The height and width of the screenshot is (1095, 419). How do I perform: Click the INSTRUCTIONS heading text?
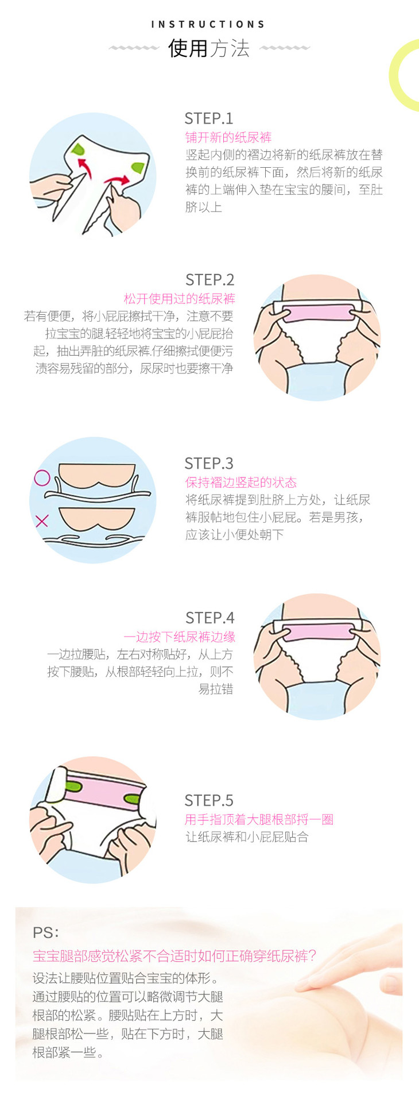[208, 24]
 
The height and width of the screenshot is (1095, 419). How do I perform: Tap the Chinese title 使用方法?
[209, 48]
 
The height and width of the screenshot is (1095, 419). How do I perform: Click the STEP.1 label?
[209, 118]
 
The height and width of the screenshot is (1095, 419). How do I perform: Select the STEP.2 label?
[210, 280]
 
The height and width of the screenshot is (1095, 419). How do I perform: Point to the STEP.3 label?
[209, 464]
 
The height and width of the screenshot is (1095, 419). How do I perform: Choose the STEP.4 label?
[210, 618]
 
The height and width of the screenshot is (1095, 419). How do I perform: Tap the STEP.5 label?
[209, 801]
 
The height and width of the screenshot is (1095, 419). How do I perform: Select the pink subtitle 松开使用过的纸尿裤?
[180, 299]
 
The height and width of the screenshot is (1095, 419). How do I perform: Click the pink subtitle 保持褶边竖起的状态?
[241, 483]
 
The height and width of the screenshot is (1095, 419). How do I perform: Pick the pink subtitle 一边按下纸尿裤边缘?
[180, 637]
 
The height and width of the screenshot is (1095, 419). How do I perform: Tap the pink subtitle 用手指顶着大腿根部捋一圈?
[259, 820]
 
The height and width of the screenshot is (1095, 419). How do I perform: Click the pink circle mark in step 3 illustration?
[42, 478]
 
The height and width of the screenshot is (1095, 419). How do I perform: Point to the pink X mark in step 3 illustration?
[42, 521]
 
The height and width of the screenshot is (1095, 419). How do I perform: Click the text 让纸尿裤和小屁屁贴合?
[247, 837]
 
